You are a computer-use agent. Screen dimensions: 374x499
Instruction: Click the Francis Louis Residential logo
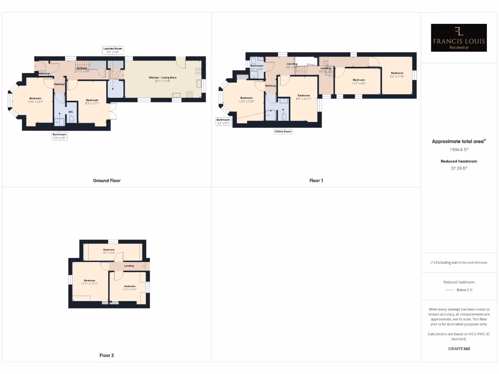pos(459,38)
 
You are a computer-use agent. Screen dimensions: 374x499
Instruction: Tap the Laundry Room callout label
pos(112,49)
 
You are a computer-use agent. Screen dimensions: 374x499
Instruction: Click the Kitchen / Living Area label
pos(162,77)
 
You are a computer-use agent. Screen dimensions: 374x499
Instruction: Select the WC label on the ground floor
pos(71,112)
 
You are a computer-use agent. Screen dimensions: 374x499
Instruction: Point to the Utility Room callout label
pos(283,131)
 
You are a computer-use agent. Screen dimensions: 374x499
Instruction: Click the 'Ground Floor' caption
pos(107,181)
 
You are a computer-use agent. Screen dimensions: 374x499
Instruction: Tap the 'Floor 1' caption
pos(316,181)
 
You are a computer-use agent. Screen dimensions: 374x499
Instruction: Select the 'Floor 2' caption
pos(107,355)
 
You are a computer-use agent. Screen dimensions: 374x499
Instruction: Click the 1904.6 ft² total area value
pos(459,150)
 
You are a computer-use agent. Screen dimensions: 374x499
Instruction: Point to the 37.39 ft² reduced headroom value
pos(459,168)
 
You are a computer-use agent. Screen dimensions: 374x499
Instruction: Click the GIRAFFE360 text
pos(459,349)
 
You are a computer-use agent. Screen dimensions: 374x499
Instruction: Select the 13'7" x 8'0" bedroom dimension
pos(359,83)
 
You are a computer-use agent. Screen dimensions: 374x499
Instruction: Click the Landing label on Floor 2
pos(129,266)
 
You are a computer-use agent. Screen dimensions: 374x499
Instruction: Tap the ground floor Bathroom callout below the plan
pos(59,136)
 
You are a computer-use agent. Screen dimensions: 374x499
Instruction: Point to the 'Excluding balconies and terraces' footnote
pos(459,262)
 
